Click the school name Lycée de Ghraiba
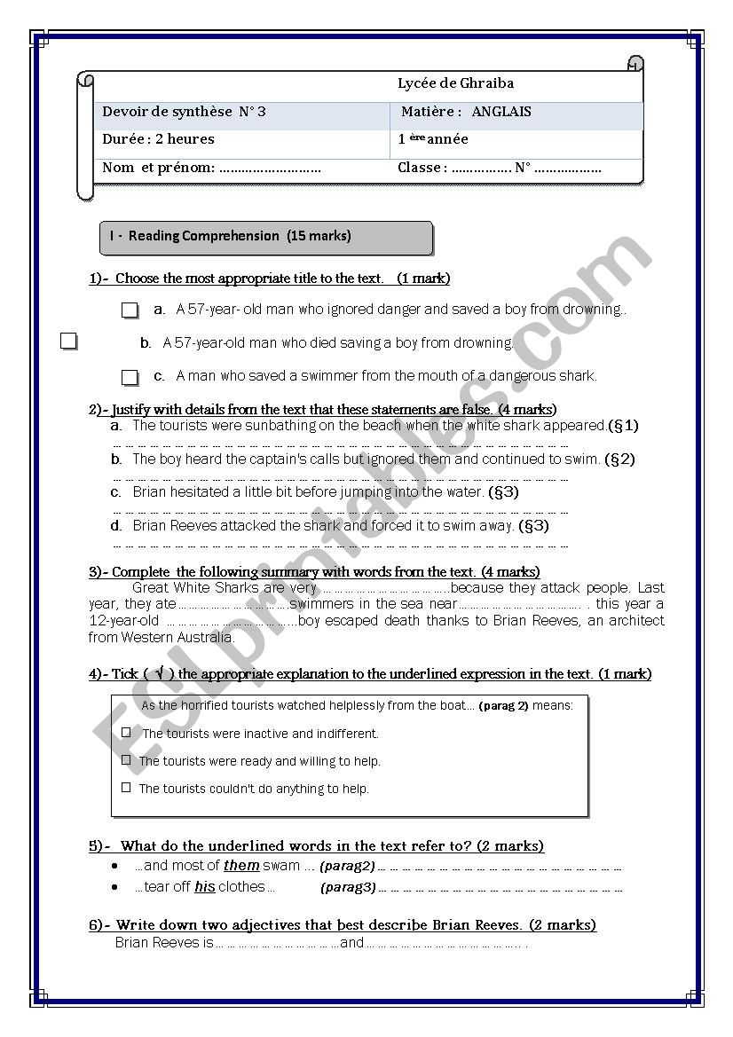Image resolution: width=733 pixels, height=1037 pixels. point(455,83)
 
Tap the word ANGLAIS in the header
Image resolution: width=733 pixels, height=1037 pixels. point(501,112)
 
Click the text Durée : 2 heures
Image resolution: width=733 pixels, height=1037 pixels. point(158,139)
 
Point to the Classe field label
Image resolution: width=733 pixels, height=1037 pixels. point(420,168)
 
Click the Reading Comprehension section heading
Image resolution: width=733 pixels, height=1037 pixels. point(230,236)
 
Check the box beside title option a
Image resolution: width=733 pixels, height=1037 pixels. point(130,310)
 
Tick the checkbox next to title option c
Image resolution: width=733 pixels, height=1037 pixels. point(130,377)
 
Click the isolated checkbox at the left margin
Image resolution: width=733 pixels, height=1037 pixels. point(69,341)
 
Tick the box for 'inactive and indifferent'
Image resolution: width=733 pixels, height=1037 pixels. point(126,733)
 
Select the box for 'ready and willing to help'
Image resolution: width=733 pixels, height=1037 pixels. point(126,760)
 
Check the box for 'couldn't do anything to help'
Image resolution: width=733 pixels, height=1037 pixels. point(126,787)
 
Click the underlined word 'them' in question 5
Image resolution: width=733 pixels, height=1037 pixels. point(241,866)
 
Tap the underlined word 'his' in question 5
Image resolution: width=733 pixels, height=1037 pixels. point(205,887)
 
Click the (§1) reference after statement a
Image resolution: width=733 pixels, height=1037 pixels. point(623,426)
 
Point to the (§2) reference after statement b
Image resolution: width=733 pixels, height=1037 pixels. point(619,460)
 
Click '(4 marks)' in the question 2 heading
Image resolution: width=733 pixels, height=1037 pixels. point(528,410)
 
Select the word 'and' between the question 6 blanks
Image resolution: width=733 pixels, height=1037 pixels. point(352,943)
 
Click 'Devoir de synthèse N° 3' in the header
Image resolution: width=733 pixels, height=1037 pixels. point(184,112)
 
